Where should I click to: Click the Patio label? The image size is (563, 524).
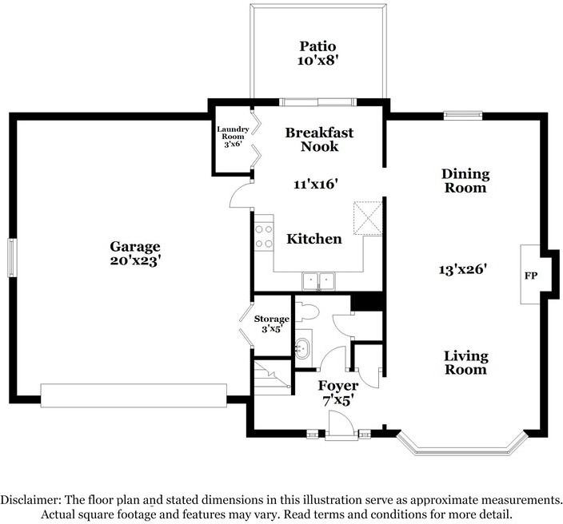(x=318, y=46)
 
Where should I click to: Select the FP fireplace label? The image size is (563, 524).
(x=529, y=275)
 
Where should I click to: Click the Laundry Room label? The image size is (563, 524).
(x=234, y=137)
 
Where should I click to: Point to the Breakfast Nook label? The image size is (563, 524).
(x=319, y=140)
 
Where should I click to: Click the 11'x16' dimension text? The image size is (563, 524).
(x=316, y=184)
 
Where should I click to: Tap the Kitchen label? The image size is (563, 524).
(x=314, y=239)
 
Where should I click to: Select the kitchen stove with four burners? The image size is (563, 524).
(x=262, y=236)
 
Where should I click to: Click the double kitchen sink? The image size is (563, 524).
(x=318, y=280)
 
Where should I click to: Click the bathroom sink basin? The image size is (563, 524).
(x=302, y=347)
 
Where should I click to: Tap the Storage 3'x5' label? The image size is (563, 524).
(x=270, y=324)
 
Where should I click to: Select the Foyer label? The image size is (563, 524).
(x=338, y=386)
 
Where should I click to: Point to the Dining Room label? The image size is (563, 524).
(x=465, y=181)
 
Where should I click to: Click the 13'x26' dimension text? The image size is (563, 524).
(x=465, y=269)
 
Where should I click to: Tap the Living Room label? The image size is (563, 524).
(x=465, y=363)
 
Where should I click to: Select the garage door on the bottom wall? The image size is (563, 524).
(x=134, y=395)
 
